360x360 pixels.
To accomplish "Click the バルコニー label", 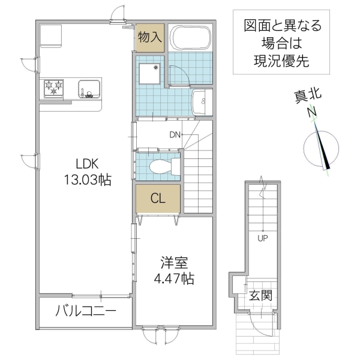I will coord(85,311).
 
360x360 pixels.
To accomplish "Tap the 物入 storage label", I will coord(149,37).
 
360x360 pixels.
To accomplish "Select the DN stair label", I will coord(175,134).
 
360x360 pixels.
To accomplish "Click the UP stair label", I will coord(262,238).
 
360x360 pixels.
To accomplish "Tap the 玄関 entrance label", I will coord(261,296).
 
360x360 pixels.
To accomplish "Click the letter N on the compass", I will coord(311,112).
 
